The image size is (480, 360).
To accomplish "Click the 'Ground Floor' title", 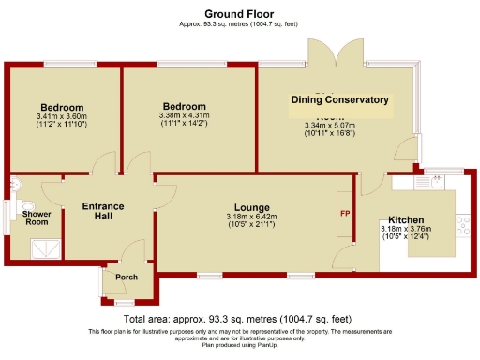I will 239,14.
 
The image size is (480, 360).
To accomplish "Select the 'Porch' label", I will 126,277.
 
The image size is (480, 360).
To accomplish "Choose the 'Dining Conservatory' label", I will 339,99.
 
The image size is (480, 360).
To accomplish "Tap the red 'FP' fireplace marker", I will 343,213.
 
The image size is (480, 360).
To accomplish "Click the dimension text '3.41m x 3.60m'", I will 62,117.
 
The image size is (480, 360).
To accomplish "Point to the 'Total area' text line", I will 239,320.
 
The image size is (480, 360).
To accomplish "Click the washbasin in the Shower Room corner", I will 16,184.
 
